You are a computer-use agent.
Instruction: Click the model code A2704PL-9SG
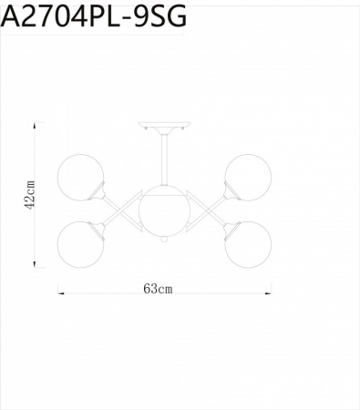coord(94,16)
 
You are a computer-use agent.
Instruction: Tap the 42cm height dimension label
coord(29,194)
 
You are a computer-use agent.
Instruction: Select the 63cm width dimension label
coord(158,289)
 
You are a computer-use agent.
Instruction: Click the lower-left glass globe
coord(80,243)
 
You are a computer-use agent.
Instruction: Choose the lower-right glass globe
coord(248,243)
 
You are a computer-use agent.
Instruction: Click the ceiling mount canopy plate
coord(164,127)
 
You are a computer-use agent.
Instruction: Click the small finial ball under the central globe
coord(164,241)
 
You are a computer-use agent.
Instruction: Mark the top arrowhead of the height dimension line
coord(36,126)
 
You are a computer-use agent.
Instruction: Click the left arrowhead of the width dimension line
coord(60,292)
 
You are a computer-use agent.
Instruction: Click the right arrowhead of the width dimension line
coord(269,292)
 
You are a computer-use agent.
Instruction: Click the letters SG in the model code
coord(166,16)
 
